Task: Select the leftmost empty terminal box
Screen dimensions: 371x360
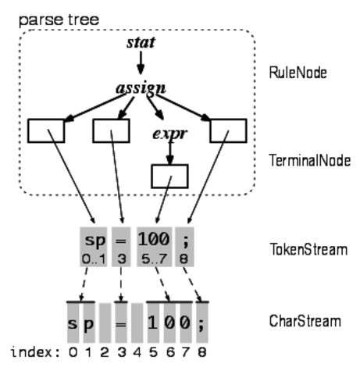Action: [x=45, y=130]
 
